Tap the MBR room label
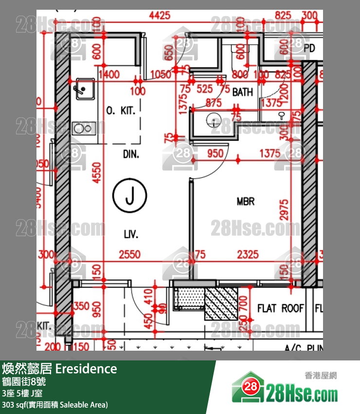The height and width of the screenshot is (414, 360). [x=245, y=201]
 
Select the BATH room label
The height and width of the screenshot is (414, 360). [x=242, y=92]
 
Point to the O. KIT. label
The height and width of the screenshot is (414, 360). [x=121, y=111]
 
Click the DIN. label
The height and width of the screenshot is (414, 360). [x=131, y=155]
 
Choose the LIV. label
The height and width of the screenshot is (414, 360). [x=131, y=235]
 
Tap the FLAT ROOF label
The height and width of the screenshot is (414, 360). [x=280, y=308]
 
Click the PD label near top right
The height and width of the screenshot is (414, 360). [x=309, y=48]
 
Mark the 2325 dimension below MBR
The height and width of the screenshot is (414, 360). [x=249, y=255]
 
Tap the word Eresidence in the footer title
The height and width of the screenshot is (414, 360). [x=86, y=369]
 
